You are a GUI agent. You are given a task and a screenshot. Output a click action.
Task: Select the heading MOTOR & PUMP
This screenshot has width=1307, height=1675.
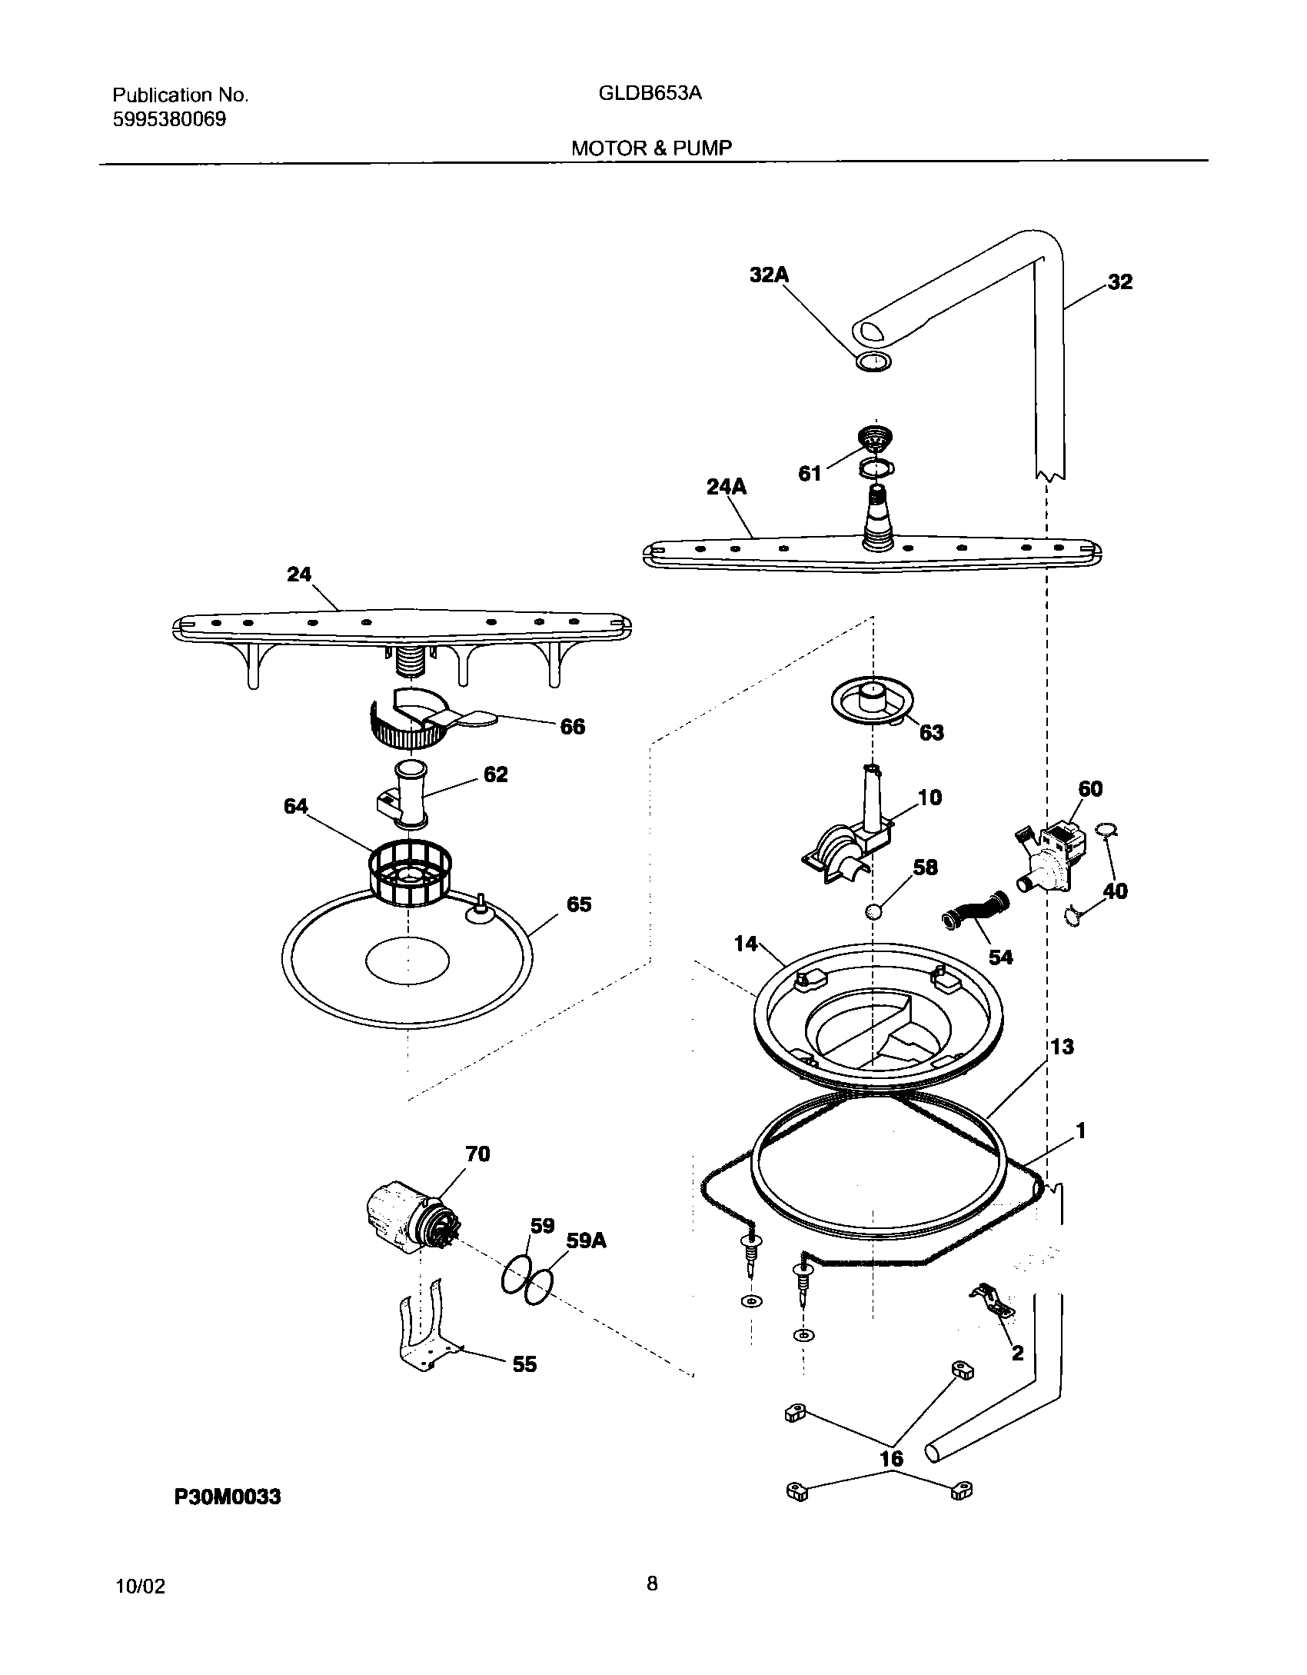point(651,148)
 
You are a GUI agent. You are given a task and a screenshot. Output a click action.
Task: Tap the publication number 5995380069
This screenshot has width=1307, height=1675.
point(169,120)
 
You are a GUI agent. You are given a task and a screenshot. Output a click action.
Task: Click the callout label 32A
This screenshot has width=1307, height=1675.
point(770,275)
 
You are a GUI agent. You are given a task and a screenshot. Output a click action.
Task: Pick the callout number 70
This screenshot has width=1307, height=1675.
point(477,1174)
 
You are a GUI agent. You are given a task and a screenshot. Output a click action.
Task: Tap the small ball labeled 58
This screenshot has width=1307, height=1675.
point(873,912)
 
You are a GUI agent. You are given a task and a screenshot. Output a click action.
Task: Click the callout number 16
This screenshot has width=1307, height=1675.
point(891,1458)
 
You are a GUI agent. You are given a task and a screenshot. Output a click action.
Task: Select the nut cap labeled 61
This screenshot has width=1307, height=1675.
point(874,441)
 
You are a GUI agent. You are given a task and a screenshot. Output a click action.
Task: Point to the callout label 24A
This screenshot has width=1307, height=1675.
point(726,487)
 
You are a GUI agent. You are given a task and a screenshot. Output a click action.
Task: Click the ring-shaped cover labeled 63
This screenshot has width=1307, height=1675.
point(873,700)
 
